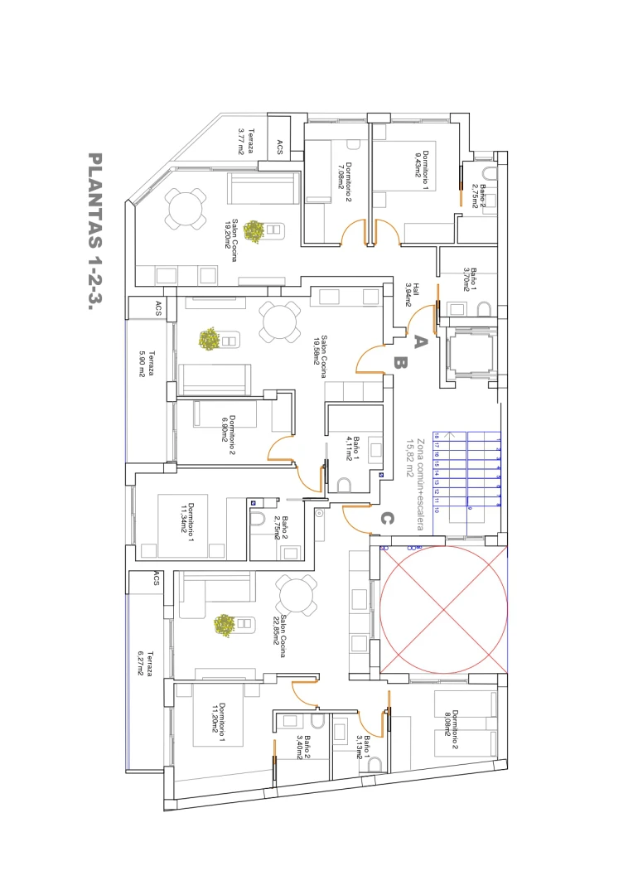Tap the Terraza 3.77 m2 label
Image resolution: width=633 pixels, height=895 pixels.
(245, 141)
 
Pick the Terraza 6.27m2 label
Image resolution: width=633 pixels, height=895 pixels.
(144, 661)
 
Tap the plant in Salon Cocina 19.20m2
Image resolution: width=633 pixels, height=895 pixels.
(254, 231)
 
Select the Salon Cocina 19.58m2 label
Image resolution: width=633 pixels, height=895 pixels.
(319, 357)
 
